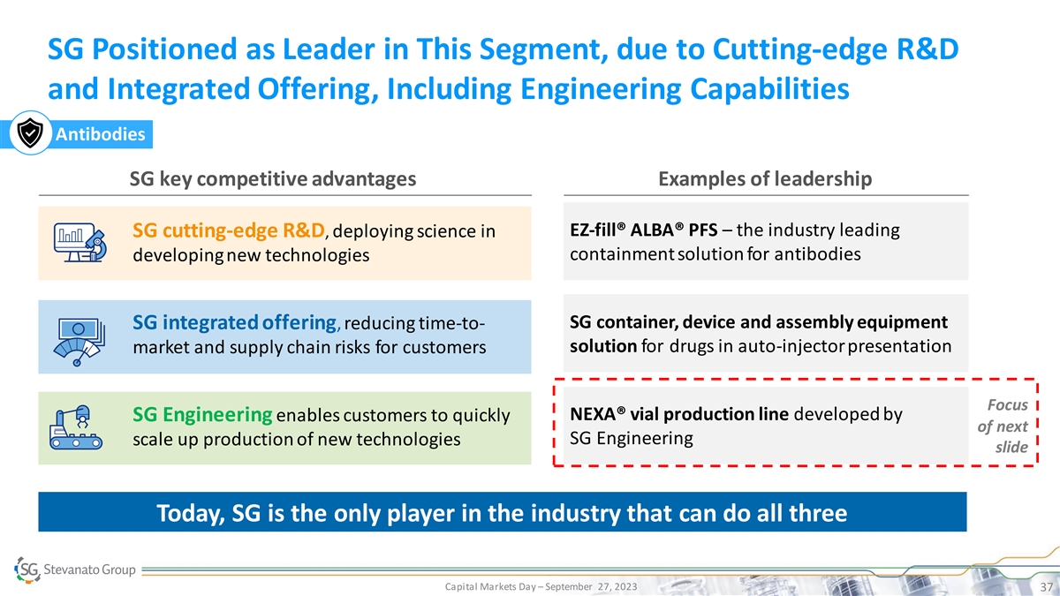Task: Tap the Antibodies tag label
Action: point(102,135)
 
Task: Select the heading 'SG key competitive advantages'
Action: point(273,179)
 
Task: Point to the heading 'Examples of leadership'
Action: point(765,179)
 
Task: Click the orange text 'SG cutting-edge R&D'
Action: point(229,231)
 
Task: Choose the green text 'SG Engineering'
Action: point(201,415)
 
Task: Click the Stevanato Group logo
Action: point(76,570)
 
